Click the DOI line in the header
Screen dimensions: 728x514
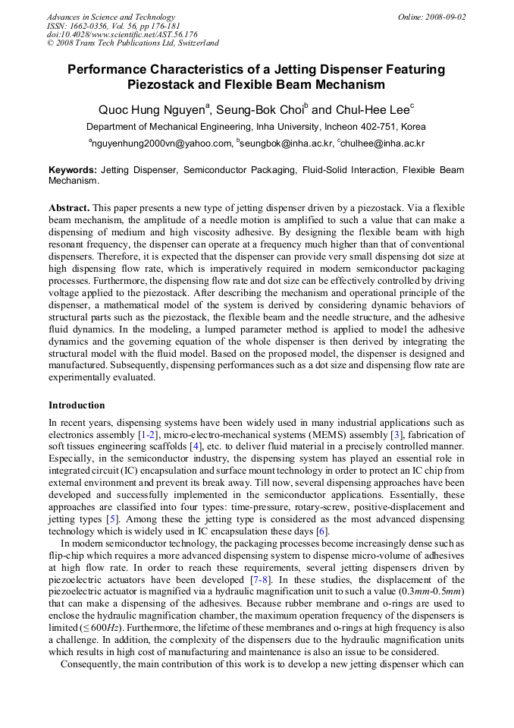(x=122, y=34)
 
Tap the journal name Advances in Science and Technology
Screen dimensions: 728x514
(x=111, y=17)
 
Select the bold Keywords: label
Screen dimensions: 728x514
(x=72, y=171)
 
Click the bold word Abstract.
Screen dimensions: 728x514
(x=69, y=207)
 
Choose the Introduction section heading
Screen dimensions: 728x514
(x=77, y=405)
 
